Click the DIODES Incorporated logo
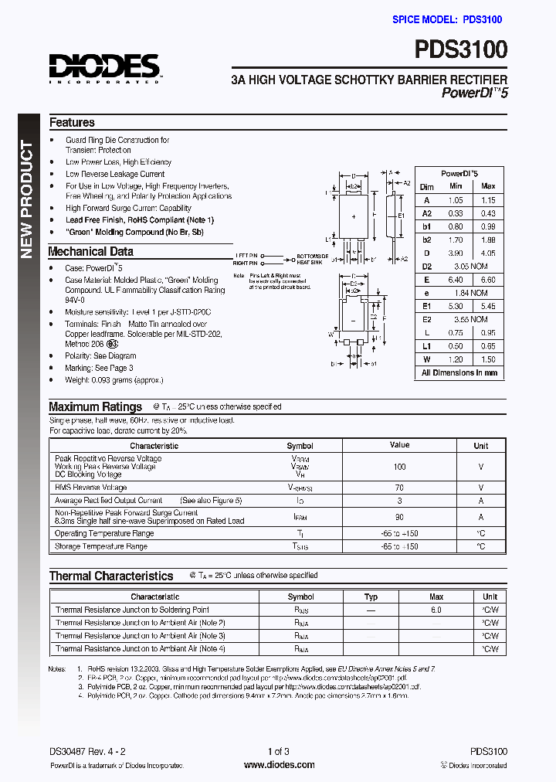click(104, 67)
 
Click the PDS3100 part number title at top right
click(461, 50)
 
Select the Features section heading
click(72, 122)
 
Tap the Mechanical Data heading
click(90, 251)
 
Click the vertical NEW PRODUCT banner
click(27, 199)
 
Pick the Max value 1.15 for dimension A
click(488, 200)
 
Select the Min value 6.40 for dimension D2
click(456, 280)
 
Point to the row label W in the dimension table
click(426, 359)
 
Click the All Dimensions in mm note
click(459, 372)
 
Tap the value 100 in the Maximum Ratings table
click(399, 467)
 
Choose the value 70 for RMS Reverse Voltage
click(399, 488)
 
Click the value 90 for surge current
click(399, 517)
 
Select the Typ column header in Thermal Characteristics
click(371, 597)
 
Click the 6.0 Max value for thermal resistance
click(436, 610)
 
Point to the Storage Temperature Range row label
click(100, 546)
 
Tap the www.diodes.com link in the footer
click(279, 765)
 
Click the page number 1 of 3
click(278, 751)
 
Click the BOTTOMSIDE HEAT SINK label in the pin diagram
click(312, 259)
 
